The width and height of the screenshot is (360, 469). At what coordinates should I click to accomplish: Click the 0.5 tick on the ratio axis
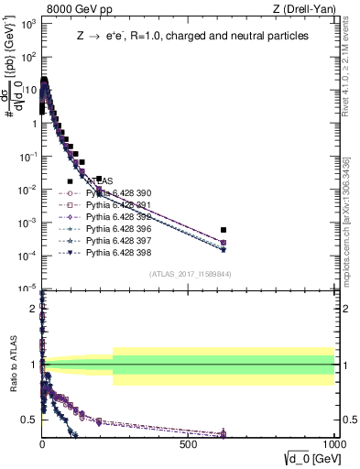(x=29, y=420)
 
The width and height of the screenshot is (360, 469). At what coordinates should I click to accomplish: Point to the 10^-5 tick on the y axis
(x=26, y=289)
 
